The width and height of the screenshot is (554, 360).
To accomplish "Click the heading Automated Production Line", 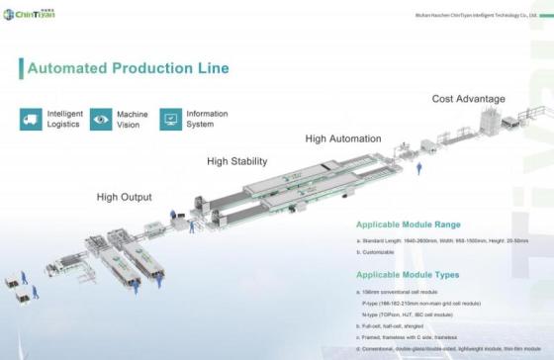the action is [128, 68].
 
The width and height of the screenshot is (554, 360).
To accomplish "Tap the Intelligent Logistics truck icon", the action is [31, 119].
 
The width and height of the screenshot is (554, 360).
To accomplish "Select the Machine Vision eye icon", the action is [101, 119].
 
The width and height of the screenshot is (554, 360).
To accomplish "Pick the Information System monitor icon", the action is [171, 119].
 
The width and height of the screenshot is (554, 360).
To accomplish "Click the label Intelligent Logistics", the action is [65, 120].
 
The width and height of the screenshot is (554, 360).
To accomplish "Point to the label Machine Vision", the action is [133, 120].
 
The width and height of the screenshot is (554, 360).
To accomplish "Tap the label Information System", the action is [207, 120].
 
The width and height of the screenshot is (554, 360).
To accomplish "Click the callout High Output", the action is [124, 197].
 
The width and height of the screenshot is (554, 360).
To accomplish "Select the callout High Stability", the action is [236, 160].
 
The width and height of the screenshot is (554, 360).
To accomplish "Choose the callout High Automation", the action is [343, 138].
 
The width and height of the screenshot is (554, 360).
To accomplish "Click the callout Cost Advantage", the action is [468, 99].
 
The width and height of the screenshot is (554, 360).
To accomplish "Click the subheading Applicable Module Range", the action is [408, 225].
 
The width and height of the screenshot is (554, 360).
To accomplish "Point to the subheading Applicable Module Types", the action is [407, 273].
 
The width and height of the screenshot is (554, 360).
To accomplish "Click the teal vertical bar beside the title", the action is [21, 68].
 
